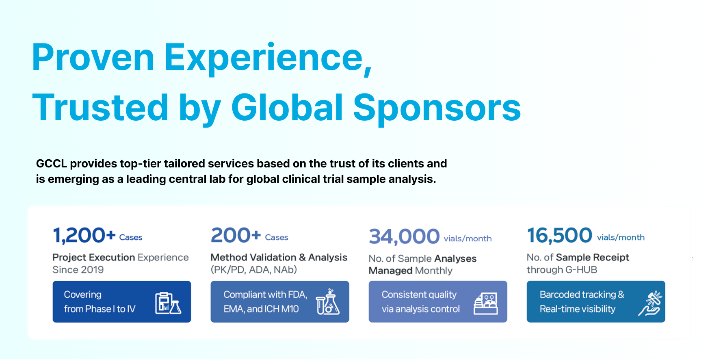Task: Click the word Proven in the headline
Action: (x=93, y=58)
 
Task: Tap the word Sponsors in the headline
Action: (x=437, y=108)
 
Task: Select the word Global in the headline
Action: (x=288, y=107)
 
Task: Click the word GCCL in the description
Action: (x=52, y=163)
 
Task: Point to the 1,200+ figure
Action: (x=84, y=236)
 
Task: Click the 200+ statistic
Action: (x=236, y=235)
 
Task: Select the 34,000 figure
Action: (x=404, y=236)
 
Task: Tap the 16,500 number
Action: (x=560, y=236)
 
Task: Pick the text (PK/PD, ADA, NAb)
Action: (x=254, y=270)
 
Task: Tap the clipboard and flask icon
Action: (x=168, y=303)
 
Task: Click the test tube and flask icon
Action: (x=327, y=302)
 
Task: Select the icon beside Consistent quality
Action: (x=486, y=303)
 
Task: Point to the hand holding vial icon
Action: (x=650, y=303)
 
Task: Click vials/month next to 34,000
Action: (x=468, y=239)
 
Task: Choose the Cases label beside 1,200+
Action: (x=131, y=237)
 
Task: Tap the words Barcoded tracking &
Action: (x=582, y=295)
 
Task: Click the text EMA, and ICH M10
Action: (x=261, y=309)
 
